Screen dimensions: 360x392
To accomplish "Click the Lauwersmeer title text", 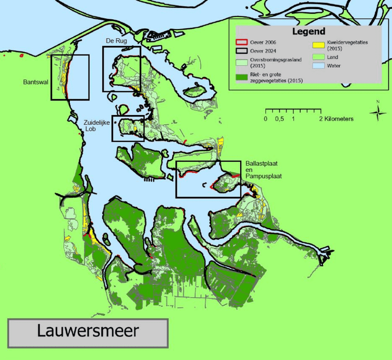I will [88, 331].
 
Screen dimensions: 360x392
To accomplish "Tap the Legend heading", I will [309, 32].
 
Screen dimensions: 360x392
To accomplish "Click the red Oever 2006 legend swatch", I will [240, 43].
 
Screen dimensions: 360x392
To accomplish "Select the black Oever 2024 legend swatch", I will [240, 51].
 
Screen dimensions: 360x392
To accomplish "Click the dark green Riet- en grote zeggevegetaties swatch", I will [240, 77].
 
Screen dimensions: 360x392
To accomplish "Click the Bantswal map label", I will [35, 81].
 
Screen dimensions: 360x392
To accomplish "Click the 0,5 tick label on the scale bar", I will [279, 119].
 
